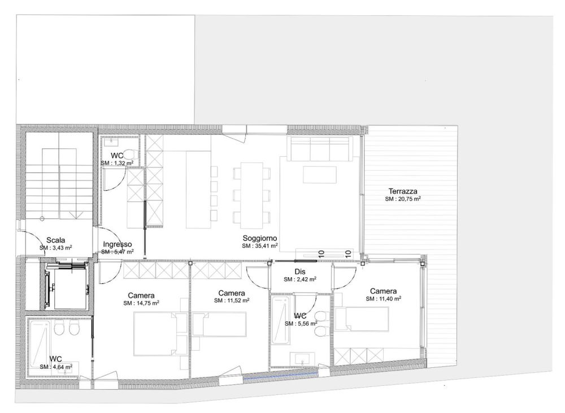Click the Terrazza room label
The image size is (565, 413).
(402, 191)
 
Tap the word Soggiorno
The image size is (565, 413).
(259, 238)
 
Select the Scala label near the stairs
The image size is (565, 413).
(55, 240)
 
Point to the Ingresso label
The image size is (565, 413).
(117, 244)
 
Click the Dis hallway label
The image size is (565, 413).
(299, 272)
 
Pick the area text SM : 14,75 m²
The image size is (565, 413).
(141, 303)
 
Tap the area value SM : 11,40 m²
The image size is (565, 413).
(383, 299)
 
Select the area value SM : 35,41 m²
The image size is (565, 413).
(259, 246)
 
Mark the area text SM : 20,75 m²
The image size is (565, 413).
(402, 199)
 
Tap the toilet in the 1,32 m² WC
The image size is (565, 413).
(129, 153)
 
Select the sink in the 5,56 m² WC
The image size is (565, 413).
(303, 358)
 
